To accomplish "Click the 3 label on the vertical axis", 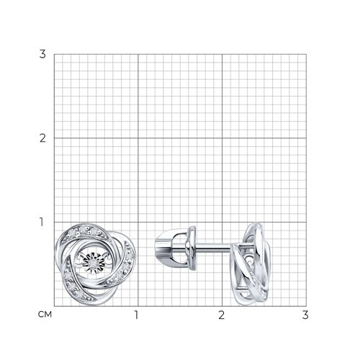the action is [x=42, y=54].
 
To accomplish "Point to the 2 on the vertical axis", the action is [x=42, y=138].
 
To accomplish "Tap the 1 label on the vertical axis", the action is [x=41, y=222].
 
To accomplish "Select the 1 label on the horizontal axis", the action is [x=136, y=315].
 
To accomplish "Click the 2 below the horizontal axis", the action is [x=222, y=315].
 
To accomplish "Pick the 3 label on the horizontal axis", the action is [x=305, y=315].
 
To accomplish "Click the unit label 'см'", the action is [x=45, y=315].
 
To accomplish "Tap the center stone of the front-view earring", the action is [x=93, y=264].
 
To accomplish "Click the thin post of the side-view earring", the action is [x=213, y=247].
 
